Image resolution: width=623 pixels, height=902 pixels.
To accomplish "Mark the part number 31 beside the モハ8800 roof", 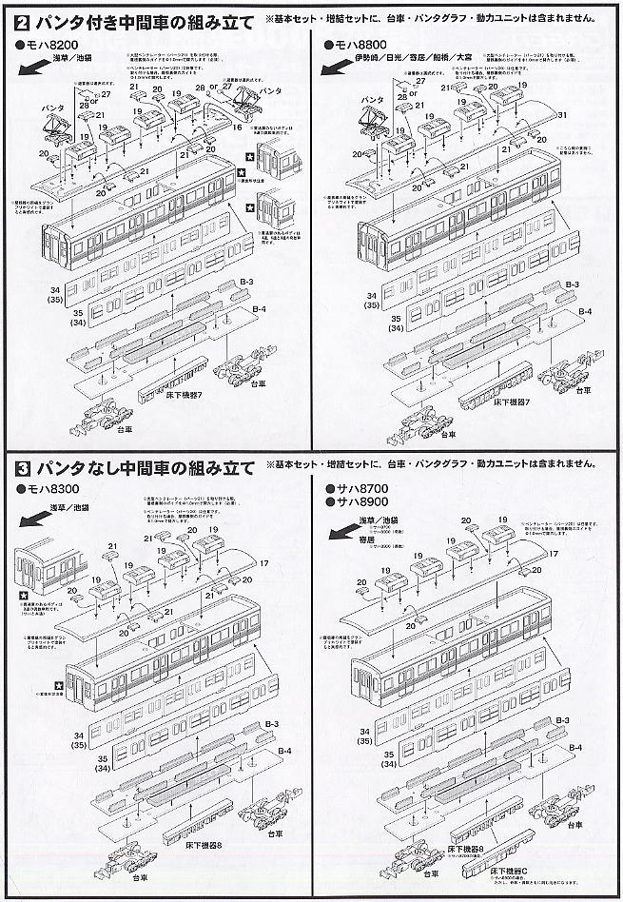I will [563, 116].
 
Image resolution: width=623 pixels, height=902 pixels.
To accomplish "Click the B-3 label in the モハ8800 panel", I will [573, 284].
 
